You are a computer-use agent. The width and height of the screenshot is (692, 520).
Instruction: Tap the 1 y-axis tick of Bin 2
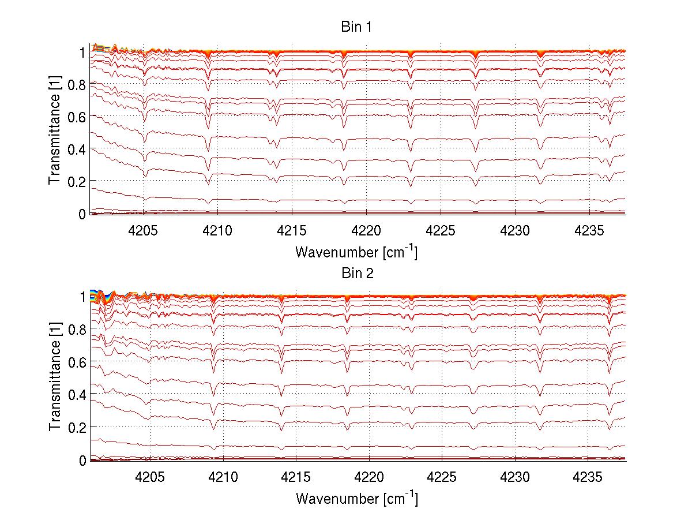(x=82, y=297)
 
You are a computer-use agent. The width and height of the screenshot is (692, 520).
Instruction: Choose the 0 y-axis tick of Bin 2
(x=82, y=460)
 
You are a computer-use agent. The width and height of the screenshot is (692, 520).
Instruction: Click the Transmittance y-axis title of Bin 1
(x=55, y=133)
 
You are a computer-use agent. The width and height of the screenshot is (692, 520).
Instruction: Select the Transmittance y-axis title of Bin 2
(x=55, y=379)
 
